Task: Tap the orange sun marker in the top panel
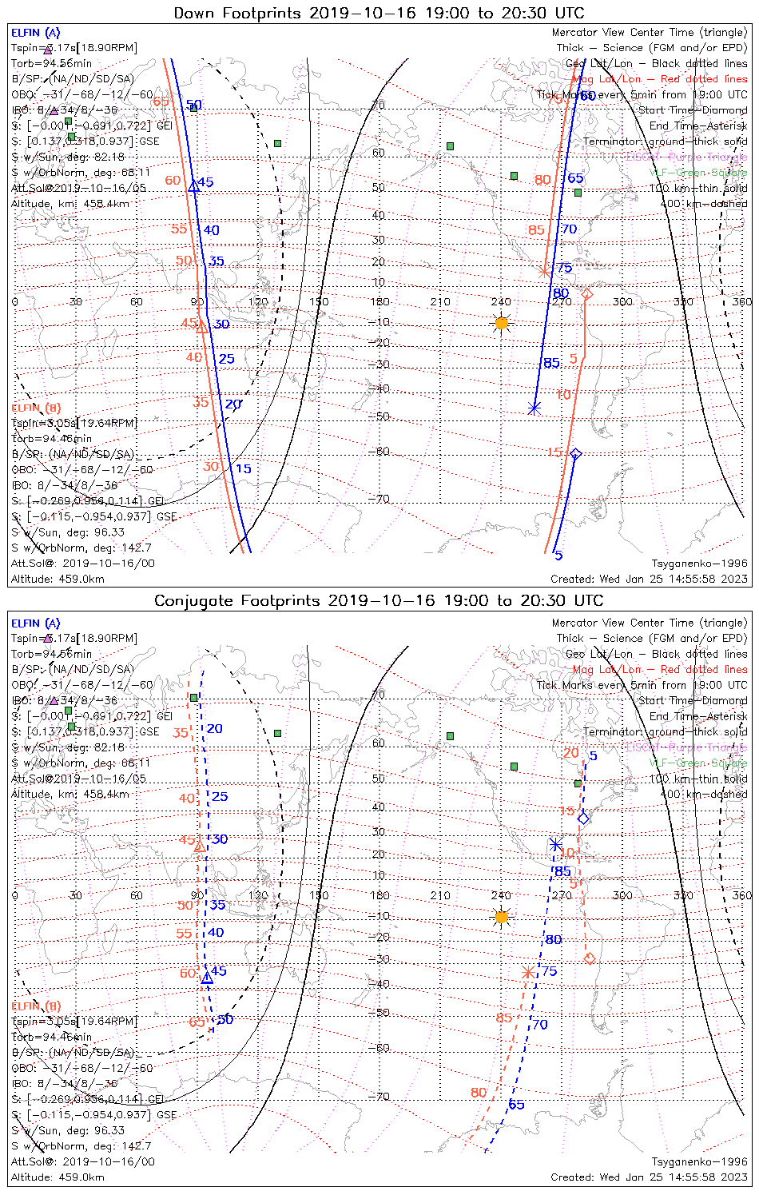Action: tap(502, 323)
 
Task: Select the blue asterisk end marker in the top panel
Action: tap(534, 408)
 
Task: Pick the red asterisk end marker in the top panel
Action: tap(545, 272)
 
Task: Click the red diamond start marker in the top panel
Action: tap(587, 295)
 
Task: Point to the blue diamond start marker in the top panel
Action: tap(575, 454)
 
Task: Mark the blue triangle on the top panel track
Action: tap(193, 186)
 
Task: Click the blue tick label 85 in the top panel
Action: tap(552, 363)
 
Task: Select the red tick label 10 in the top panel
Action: tap(564, 394)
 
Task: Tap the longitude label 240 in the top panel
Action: tap(501, 302)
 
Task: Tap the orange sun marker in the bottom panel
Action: tap(502, 917)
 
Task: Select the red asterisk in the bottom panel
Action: tap(527, 972)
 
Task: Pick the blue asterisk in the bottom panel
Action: tap(556, 844)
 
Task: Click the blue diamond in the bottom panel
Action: tap(584, 818)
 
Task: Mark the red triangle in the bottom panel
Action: tap(199, 846)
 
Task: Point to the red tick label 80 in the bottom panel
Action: tap(479, 1093)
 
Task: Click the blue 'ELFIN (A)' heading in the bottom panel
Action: tap(36, 623)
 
